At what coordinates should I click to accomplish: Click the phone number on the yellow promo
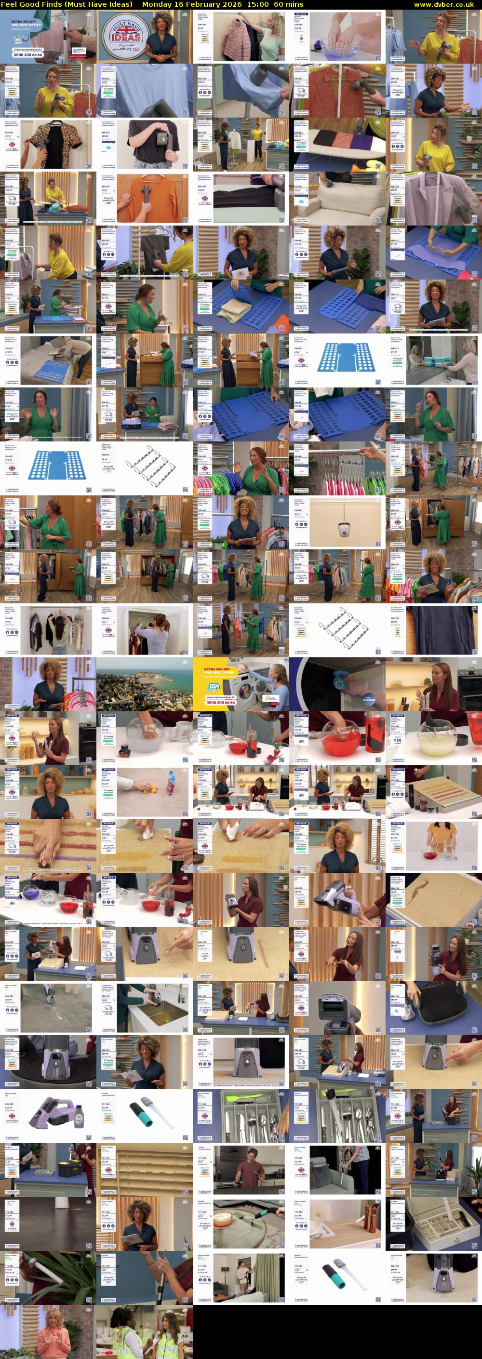click(x=221, y=702)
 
